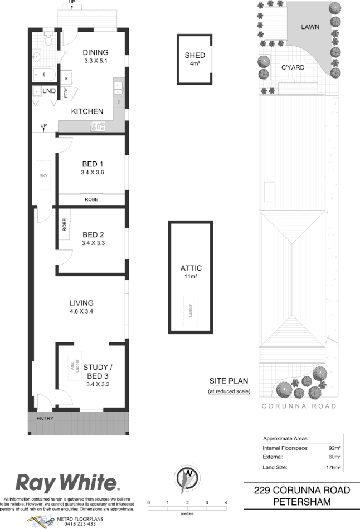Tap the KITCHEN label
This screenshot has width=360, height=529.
tap(87, 111)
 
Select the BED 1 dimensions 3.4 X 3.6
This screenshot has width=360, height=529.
tap(93, 173)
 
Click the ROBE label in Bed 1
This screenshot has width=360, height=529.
tap(92, 199)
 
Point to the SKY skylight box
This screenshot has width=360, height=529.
tap(44, 176)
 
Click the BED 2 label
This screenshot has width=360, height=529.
tap(93, 234)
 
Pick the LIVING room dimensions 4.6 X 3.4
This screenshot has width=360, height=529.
tap(81, 311)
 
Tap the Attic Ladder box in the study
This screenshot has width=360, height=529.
tap(72, 365)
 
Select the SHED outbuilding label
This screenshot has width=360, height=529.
tap(195, 55)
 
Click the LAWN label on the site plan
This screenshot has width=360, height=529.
tap(310, 26)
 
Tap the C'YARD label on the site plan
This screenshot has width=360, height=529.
tap(292, 67)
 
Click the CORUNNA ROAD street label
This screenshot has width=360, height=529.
tap(299, 406)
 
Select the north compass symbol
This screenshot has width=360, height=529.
tap(187, 478)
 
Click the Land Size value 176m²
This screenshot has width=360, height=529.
tap(333, 467)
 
